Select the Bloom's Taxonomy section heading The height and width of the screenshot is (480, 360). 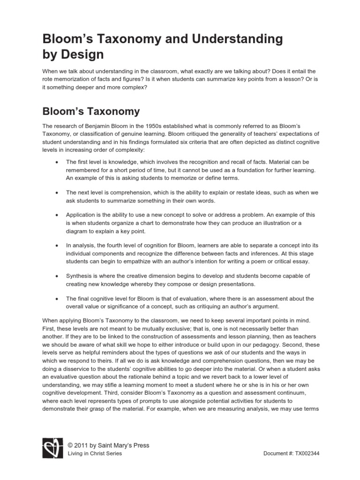91,112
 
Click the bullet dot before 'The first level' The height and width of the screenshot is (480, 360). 56,162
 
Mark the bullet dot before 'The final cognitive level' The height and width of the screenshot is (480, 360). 56,299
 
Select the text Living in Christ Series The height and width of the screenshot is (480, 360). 95,454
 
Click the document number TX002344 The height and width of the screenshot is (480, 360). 304,454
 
